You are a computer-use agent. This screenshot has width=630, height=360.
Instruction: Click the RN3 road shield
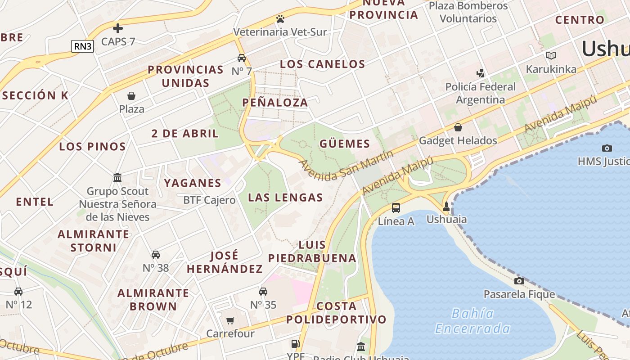82,46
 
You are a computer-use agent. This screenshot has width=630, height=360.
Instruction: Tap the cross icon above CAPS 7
118,28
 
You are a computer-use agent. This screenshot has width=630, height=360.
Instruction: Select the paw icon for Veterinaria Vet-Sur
280,19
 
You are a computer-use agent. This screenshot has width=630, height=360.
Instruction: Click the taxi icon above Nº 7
242,58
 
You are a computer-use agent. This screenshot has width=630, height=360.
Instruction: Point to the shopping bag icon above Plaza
131,95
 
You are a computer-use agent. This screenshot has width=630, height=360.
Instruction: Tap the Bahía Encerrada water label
472,321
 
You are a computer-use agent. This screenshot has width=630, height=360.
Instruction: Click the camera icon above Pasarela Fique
519,281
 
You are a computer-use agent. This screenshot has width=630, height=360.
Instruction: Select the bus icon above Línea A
396,207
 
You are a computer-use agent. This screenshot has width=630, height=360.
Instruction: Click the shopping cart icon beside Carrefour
230,320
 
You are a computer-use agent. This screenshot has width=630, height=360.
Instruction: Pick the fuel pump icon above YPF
295,344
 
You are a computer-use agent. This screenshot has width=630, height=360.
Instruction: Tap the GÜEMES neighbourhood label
345,144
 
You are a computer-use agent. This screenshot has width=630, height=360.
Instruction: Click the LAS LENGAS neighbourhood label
285,197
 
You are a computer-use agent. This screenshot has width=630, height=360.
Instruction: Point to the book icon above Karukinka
551,55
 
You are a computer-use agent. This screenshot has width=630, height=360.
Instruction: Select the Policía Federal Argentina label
481,93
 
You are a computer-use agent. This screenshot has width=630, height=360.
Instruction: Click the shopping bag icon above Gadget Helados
458,127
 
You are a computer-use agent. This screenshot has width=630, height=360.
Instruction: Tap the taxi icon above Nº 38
156,255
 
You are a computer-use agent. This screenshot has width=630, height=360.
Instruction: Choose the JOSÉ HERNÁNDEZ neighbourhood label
225,262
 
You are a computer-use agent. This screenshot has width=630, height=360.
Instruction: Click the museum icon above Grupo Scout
117,178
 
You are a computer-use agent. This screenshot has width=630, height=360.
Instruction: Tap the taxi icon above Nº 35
263,292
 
